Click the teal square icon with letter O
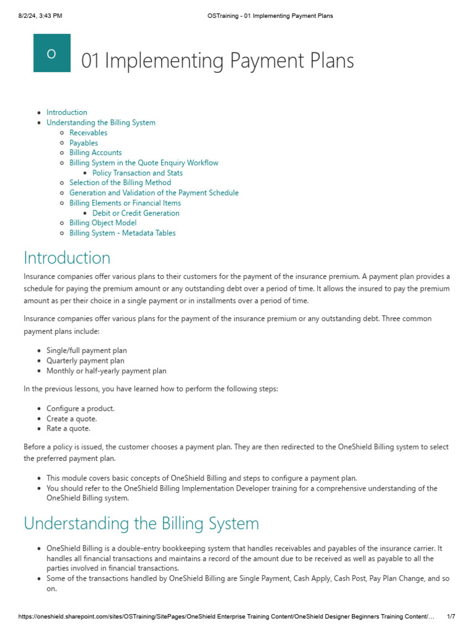point(52,53)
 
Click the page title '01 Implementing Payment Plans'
point(218,60)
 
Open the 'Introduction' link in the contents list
point(67,112)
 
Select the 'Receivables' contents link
point(88,133)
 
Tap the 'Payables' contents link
point(83,143)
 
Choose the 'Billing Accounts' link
point(96,152)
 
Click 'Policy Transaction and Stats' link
point(138,173)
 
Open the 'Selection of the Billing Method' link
point(120,183)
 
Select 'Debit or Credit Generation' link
point(136,213)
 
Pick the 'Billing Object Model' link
point(103,223)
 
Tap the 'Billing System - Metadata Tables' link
point(122,233)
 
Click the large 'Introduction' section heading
point(67,257)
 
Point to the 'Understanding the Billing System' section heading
point(141,523)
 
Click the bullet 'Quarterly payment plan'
point(85,360)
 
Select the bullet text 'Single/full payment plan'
point(86,351)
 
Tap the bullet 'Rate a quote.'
point(69,428)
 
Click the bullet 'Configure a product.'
point(80,409)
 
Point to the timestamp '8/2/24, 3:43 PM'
point(40,15)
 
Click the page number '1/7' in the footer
point(451,617)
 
